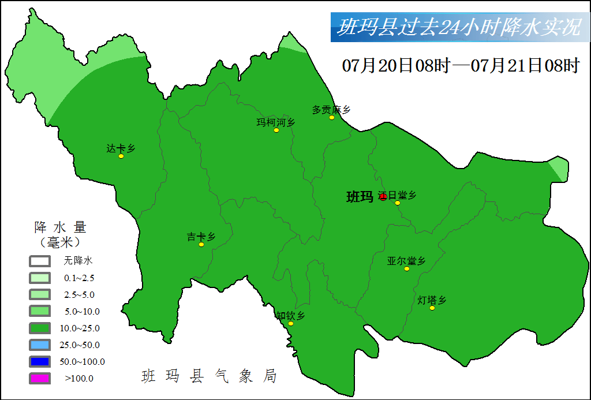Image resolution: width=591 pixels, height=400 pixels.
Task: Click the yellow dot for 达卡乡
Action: click(x=121, y=156)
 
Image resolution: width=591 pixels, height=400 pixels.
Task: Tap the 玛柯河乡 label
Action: click(x=275, y=122)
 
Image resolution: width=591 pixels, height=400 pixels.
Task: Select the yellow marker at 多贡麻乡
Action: click(x=332, y=118)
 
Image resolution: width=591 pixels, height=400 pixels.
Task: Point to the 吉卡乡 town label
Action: click(x=201, y=236)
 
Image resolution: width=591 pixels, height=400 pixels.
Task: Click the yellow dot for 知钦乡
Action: click(x=291, y=324)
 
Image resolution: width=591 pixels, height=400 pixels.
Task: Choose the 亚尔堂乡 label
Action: click(x=406, y=260)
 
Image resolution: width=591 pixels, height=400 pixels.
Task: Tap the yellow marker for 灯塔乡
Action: click(x=432, y=308)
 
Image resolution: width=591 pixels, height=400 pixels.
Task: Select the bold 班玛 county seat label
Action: click(x=360, y=197)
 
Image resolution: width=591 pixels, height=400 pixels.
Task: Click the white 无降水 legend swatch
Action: click(x=40, y=261)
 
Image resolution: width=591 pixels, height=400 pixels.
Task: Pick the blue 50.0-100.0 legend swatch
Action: click(x=40, y=362)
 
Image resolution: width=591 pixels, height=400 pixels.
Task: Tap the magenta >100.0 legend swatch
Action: click(x=40, y=379)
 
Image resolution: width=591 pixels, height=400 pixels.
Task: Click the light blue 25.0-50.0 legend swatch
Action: click(x=40, y=345)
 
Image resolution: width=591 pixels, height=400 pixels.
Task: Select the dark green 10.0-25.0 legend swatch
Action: click(x=40, y=328)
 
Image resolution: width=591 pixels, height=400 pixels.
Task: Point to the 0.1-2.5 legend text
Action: click(x=80, y=278)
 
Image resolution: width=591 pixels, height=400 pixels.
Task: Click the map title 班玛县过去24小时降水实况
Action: click(x=459, y=28)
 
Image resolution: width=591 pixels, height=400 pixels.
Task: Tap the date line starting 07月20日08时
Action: click(x=460, y=65)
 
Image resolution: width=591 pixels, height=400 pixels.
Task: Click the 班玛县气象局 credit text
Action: click(x=209, y=376)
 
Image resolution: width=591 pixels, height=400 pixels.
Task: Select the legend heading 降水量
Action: click(x=60, y=226)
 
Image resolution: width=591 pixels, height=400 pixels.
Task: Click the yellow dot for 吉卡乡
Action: click(x=201, y=245)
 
